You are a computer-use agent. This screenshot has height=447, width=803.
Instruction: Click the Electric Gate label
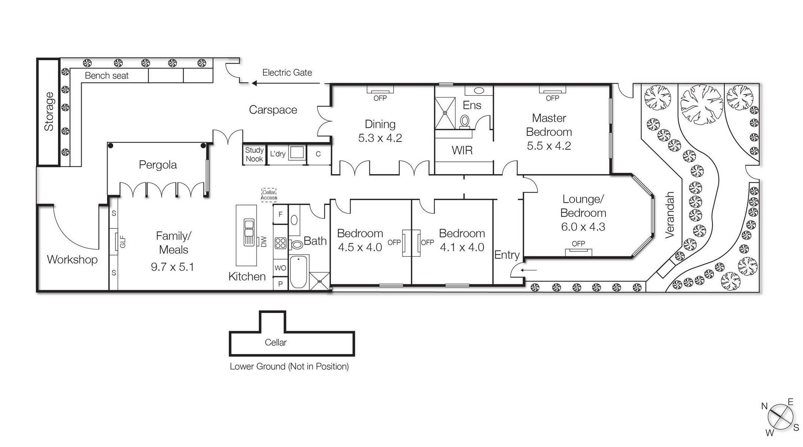pos(287,73)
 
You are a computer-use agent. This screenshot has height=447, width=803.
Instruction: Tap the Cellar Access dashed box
pos(269,195)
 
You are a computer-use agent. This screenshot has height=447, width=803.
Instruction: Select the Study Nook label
pos(254,154)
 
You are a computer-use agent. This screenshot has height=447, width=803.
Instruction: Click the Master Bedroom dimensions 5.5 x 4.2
pos(549,146)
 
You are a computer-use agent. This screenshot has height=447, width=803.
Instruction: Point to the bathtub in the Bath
pos(299,272)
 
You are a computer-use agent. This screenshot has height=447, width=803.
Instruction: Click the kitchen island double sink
pos(249,232)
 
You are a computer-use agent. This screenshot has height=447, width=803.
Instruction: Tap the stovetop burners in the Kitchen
pos(280,243)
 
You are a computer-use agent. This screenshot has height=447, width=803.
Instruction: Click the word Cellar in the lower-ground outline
pos(276,342)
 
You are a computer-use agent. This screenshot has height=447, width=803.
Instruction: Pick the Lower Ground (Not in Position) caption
pos(289,366)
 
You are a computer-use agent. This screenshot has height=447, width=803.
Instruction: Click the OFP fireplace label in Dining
pos(380,98)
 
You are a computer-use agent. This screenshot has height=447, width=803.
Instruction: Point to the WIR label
pos(462,151)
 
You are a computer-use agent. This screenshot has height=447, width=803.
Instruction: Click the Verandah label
pos(669,215)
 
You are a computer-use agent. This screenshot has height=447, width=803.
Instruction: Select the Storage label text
pos(49,111)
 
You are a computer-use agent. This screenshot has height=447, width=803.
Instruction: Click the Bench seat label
pos(107,76)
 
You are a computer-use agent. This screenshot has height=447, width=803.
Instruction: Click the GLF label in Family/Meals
pos(123,242)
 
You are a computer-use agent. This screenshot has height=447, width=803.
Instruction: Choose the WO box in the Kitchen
pos(280,268)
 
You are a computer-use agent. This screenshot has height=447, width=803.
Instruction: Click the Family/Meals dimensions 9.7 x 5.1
pos(172,267)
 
